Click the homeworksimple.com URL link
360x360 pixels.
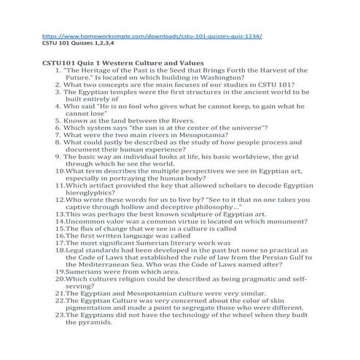(x=152, y=34)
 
